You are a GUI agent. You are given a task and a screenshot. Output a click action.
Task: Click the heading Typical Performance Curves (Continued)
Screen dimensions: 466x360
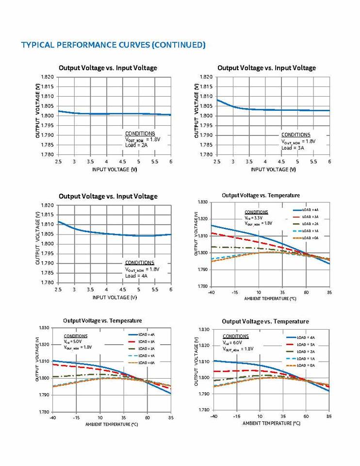coord(113,45)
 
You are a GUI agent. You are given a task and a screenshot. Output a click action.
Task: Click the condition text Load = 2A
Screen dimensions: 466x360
coord(135,145)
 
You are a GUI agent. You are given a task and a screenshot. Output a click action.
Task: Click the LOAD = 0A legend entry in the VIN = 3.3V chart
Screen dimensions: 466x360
coord(310,238)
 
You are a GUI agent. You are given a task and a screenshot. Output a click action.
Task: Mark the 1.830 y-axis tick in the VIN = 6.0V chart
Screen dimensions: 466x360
coord(204,330)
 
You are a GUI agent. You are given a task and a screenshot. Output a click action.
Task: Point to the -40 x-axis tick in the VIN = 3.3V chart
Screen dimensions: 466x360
coord(211,293)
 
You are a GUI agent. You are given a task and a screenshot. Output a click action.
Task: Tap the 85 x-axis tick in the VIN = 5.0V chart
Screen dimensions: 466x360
coord(171,417)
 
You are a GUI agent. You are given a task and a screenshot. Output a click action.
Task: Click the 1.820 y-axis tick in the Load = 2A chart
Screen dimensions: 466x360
coord(47,77)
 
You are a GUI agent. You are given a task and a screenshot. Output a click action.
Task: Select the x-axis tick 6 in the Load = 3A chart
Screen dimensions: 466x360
coord(329,161)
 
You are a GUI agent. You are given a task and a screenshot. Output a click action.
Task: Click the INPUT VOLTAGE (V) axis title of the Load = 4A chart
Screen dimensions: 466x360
coord(115,297)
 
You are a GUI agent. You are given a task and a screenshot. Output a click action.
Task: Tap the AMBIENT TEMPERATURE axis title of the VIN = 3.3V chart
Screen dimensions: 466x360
coord(270,299)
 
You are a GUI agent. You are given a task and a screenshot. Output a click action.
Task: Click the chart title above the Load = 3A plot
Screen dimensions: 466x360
coord(266,68)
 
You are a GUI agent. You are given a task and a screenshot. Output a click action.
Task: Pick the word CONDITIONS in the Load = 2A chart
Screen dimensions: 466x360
coord(140,133)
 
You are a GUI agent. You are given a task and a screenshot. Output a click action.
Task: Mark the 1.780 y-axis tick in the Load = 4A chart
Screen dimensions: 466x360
coord(47,283)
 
